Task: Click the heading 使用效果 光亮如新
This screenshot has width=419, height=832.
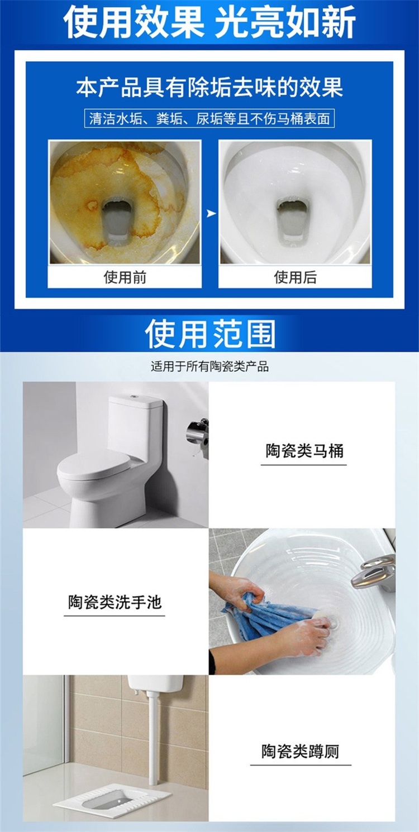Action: pos(209,22)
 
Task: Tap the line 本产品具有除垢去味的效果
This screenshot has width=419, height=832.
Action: pos(209,88)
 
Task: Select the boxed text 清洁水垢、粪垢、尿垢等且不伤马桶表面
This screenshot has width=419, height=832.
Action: pos(209,119)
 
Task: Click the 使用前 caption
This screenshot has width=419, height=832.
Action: pos(125,277)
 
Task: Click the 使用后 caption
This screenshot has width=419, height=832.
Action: pos(295,277)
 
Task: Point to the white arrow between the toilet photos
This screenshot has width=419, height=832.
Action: pos(211,214)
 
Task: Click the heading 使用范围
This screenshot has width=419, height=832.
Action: pos(210,334)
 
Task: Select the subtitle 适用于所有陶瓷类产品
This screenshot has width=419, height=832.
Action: pos(209,367)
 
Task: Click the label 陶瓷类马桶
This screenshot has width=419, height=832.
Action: pos(304,451)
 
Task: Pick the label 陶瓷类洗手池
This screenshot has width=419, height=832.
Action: pos(115,602)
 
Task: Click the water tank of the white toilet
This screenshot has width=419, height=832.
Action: pos(135,424)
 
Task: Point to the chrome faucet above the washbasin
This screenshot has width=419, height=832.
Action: pos(374,573)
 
